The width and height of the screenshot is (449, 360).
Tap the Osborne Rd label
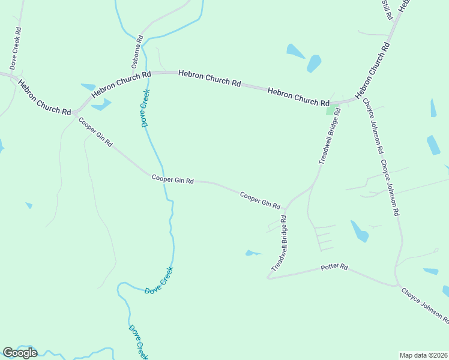click(x=137, y=51)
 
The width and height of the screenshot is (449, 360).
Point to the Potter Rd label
click(x=334, y=266)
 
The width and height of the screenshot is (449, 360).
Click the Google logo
click(x=20, y=353)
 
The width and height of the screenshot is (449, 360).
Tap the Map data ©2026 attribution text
click(x=423, y=355)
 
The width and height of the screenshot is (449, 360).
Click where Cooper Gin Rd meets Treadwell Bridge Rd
click(x=286, y=211)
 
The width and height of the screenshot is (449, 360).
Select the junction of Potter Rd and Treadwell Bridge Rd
click(x=268, y=278)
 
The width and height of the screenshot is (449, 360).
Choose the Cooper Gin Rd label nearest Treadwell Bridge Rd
click(x=260, y=200)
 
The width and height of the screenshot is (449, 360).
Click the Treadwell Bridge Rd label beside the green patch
click(x=330, y=137)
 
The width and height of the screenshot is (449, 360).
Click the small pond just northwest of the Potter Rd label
click(x=253, y=253)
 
